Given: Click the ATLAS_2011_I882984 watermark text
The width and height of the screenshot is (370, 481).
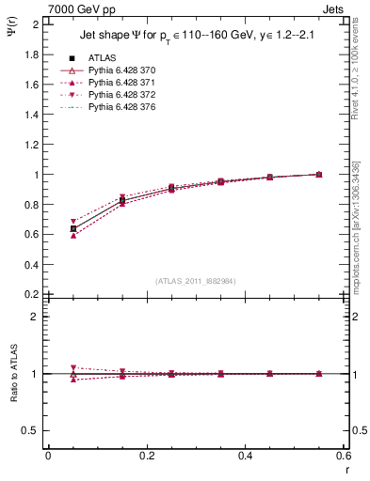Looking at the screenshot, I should pyautogui.click(x=195, y=281).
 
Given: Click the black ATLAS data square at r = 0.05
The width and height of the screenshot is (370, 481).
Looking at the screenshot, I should pyautogui.click(x=73, y=228).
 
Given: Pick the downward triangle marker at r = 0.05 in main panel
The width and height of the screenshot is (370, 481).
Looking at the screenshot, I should pyautogui.click(x=73, y=222).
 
